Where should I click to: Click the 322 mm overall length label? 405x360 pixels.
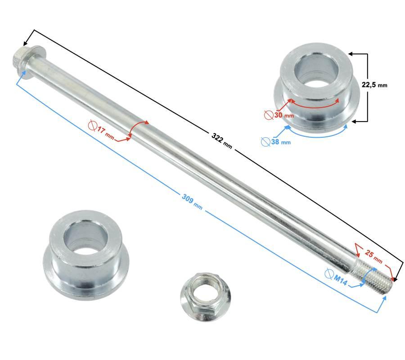222,141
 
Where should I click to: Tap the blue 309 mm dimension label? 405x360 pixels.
192,202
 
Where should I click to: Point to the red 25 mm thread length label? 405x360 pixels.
373,256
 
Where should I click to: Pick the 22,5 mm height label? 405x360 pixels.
374,85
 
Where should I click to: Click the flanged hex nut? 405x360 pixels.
206,297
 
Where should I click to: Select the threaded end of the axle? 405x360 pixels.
373,278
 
